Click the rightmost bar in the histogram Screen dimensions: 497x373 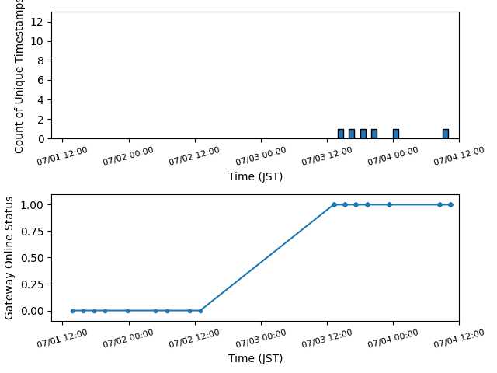[446, 134]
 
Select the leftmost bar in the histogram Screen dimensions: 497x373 [341, 134]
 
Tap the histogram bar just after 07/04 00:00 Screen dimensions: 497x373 [396, 134]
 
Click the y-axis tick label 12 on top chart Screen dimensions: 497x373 [36, 22]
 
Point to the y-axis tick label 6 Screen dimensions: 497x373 [40, 80]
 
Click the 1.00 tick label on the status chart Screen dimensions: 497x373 [32, 205]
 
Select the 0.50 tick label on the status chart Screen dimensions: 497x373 [32, 258]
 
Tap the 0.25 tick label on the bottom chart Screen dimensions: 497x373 [32, 284]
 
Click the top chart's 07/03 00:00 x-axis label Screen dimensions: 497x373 [261, 155]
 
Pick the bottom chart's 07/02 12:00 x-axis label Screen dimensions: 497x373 [194, 339]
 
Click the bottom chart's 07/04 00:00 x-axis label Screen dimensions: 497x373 [393, 339]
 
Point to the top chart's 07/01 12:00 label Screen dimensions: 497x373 [62, 155]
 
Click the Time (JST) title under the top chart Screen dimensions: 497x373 [255, 176]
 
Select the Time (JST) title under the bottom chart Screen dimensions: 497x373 [255, 358]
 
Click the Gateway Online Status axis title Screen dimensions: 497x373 [9, 258]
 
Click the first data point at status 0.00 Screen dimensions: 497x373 [72, 311]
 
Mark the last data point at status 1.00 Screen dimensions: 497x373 [450, 205]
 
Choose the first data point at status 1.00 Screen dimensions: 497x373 [334, 205]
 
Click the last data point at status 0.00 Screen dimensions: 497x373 [200, 311]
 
